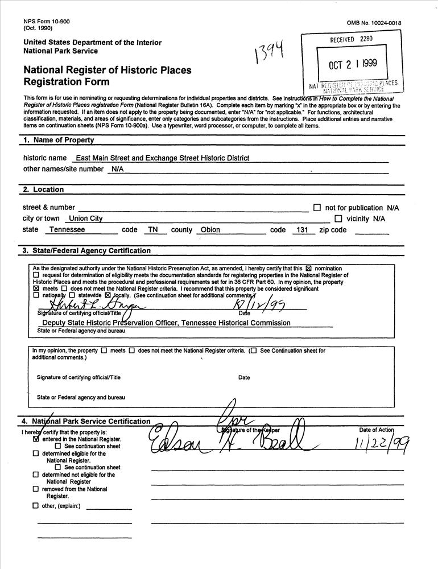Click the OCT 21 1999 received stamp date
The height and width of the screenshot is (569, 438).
point(352,65)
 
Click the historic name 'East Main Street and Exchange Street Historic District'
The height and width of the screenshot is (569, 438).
point(163,158)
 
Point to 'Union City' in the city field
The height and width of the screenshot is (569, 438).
point(84,218)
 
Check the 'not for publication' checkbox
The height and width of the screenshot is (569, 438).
point(317,208)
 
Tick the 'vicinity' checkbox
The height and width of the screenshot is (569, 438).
point(338,218)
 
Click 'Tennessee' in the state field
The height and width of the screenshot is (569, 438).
point(67,230)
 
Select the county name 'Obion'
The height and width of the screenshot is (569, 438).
point(210,230)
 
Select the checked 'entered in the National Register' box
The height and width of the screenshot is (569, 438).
point(36,439)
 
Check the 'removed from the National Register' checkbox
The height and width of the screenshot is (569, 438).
point(36,489)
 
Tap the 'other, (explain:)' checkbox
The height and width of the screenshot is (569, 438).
point(36,506)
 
